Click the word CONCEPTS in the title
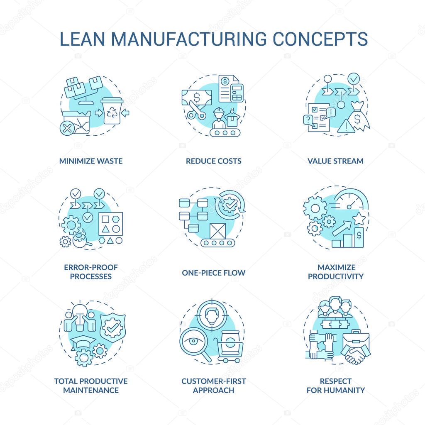click(320, 38)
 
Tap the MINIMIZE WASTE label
click(91, 161)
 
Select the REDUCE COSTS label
click(213, 161)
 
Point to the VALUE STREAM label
click(335, 161)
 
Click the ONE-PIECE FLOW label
click(213, 273)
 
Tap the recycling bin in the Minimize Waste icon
click(112, 111)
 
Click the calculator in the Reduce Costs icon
click(237, 92)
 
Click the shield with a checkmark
click(111, 328)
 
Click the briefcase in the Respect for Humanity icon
click(356, 338)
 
